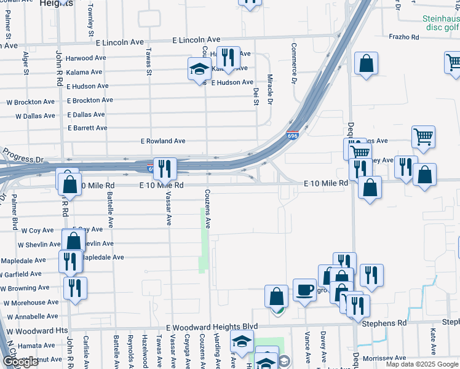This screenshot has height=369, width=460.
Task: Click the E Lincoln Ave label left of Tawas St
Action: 120,42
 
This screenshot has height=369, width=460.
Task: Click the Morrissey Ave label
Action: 384,358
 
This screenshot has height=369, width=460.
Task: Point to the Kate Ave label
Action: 434,341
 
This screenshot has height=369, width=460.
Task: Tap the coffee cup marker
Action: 304,290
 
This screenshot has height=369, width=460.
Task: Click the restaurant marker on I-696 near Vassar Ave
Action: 164,168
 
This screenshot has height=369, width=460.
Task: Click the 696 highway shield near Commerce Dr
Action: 292,135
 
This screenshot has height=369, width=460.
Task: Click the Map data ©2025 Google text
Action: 421,364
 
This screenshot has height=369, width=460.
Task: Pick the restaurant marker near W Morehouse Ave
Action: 75,287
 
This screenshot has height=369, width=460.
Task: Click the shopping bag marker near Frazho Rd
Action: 366,64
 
